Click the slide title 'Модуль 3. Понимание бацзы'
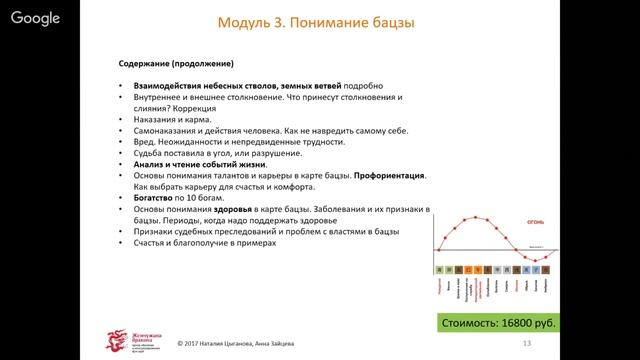(x=317, y=23)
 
